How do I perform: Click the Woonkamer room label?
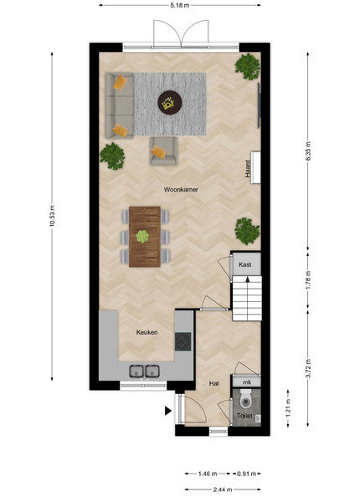point(181,190)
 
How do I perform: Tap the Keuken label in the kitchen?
point(147,332)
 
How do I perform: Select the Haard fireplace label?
point(248,169)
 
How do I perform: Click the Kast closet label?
point(245,264)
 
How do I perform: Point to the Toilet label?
point(244,416)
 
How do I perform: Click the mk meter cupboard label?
point(247,382)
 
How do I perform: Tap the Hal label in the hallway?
point(214,383)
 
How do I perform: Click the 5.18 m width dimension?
point(180,5)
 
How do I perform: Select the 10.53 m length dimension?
point(52,216)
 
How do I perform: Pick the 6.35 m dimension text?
point(308,151)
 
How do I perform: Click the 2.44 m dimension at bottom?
point(223,489)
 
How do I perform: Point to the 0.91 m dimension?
point(247,474)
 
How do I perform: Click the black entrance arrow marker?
point(168,411)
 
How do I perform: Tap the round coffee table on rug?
point(170,103)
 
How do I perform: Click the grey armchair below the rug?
point(163,151)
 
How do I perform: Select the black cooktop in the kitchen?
point(183,341)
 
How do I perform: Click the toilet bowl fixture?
point(246,399)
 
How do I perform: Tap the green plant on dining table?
point(142,237)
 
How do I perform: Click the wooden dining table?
point(145,237)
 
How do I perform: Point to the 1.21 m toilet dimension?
point(288,408)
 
